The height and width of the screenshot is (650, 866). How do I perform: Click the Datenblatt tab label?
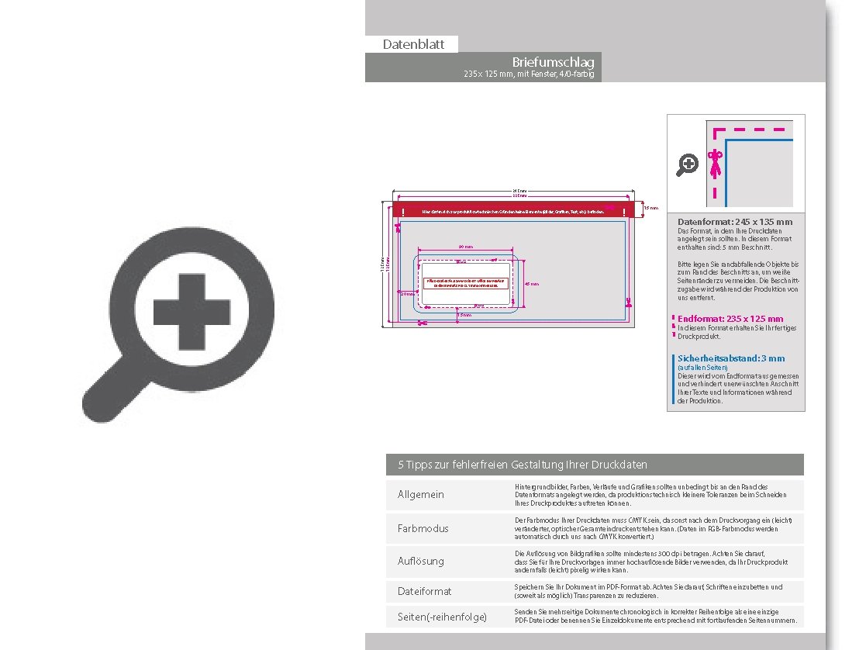[413, 44]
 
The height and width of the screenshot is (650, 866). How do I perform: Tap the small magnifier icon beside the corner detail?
[688, 164]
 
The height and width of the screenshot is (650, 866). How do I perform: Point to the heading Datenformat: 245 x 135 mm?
[735, 222]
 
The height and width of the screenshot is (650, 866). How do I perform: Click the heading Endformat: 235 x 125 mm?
[730, 319]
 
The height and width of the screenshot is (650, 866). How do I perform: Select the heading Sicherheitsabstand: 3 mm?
[731, 358]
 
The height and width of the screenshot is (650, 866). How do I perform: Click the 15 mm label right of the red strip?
[651, 208]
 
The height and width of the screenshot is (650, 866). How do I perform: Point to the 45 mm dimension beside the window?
[532, 284]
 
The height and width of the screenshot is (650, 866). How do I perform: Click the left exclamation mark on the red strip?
[403, 211]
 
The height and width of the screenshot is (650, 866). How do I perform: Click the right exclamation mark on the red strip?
[624, 211]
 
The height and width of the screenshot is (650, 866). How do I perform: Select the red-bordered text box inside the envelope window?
[465, 283]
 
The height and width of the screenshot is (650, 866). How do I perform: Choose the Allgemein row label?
[421, 494]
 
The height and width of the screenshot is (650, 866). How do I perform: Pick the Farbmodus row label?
[423, 528]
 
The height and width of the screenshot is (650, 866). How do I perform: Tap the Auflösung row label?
[421, 561]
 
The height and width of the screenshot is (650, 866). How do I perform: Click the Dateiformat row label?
[424, 591]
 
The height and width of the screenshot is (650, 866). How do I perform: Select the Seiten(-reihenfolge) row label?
[442, 617]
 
